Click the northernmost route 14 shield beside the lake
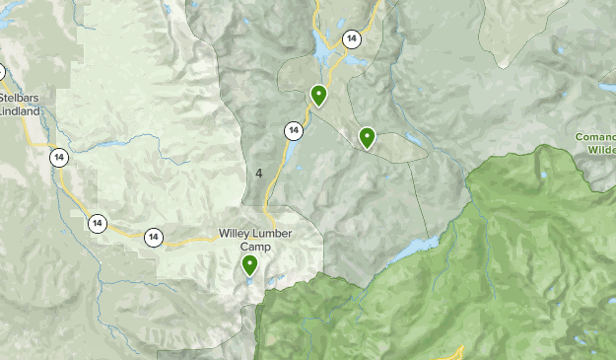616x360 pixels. tap(351, 38)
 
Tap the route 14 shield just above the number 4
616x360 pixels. tap(293, 130)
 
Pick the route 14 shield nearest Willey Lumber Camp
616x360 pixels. tap(154, 237)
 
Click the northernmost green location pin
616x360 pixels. tap(318, 95)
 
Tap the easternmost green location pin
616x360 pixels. tap(367, 137)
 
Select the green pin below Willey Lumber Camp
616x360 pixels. tap(249, 264)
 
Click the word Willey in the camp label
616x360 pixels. tap(237, 236)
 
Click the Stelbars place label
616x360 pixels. tap(21, 99)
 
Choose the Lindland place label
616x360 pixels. tap(21, 111)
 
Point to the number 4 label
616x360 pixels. tap(258, 173)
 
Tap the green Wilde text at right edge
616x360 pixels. tap(598, 150)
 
